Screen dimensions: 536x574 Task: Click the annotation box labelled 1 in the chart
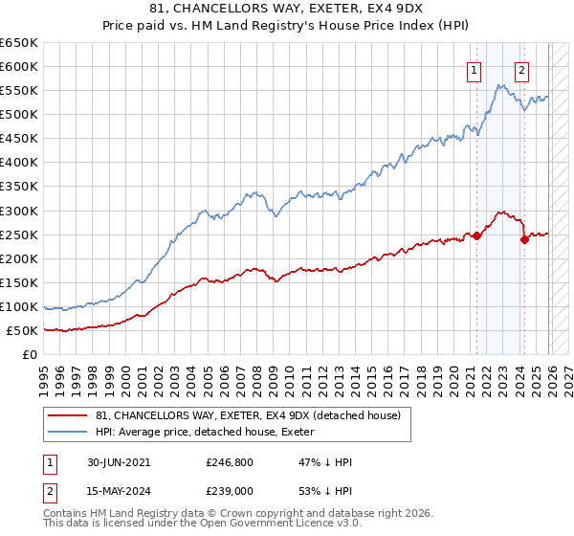(475, 69)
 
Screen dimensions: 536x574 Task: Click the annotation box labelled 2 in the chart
(521, 69)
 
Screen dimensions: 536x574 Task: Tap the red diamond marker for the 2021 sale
(476, 235)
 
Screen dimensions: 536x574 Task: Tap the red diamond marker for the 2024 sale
(524, 239)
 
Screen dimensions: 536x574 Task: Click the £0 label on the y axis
(29, 355)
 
